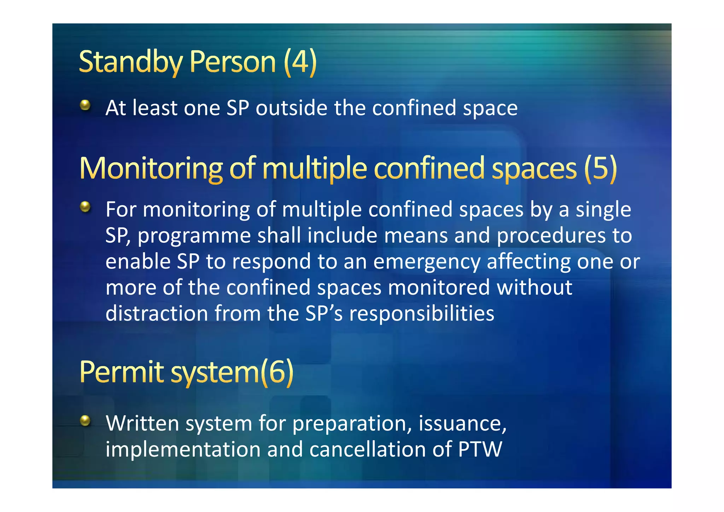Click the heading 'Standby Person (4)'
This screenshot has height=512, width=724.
tap(197, 62)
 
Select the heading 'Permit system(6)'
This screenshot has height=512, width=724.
tap(186, 372)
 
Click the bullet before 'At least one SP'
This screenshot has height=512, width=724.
tap(85, 105)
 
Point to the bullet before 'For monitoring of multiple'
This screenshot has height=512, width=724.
tap(85, 207)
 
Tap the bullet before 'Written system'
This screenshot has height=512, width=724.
tap(85, 420)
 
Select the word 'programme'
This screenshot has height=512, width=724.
tap(194, 236)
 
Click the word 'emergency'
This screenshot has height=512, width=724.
tap(427, 262)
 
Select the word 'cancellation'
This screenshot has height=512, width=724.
tap(367, 449)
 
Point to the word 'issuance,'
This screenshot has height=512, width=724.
tap(462, 424)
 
